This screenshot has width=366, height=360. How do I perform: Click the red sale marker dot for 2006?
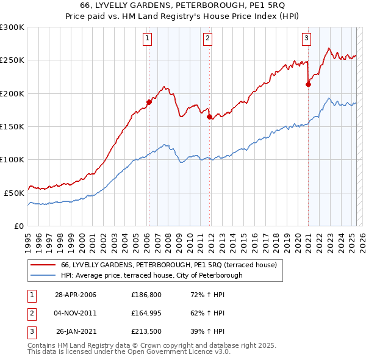coord(149,102)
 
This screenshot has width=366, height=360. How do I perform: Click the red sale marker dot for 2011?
coord(209,117)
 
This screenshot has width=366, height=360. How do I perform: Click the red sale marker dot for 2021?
coord(308,85)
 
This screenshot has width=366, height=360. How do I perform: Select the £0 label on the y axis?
coord(18,226)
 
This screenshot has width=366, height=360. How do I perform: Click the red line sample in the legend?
coord(43,265)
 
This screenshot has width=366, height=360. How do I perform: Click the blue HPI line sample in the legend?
coord(43,275)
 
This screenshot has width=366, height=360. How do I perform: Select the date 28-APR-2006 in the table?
coord(76,295)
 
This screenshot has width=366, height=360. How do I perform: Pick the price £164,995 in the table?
coord(145,313)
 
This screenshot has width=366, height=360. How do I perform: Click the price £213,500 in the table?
coord(145,331)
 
